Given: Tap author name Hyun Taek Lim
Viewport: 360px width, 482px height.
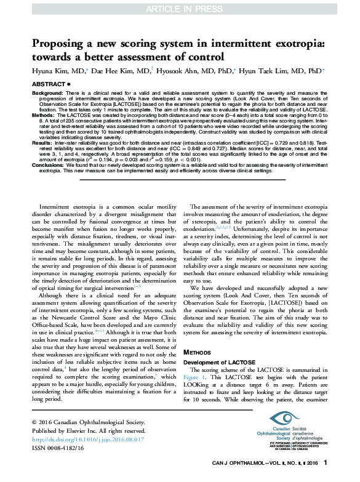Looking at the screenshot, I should (x=282, y=71).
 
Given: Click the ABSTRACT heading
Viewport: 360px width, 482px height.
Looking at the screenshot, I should (x=47, y=83).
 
